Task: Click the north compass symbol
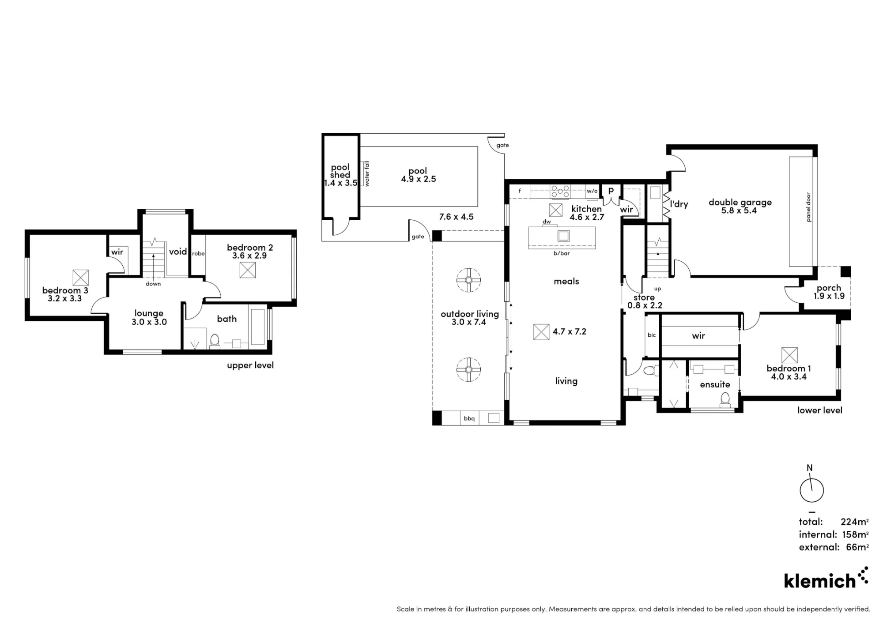[x=811, y=490]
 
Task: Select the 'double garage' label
[x=740, y=203]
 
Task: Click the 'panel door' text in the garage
[x=808, y=207]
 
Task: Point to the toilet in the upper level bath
[x=215, y=342]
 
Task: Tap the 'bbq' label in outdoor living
[x=469, y=418]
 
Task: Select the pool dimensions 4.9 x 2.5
[x=419, y=179]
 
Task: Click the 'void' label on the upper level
[x=178, y=252]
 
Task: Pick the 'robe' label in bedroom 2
[x=198, y=254]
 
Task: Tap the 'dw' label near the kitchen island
[x=547, y=222]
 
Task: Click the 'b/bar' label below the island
[x=562, y=254]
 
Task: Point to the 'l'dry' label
[x=679, y=204]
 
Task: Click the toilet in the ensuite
[x=725, y=400]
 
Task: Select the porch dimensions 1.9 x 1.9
[x=829, y=296]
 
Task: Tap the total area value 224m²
[x=855, y=522]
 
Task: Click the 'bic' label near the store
[x=652, y=335]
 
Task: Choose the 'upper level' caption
[x=250, y=365]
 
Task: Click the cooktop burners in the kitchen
[x=560, y=192]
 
